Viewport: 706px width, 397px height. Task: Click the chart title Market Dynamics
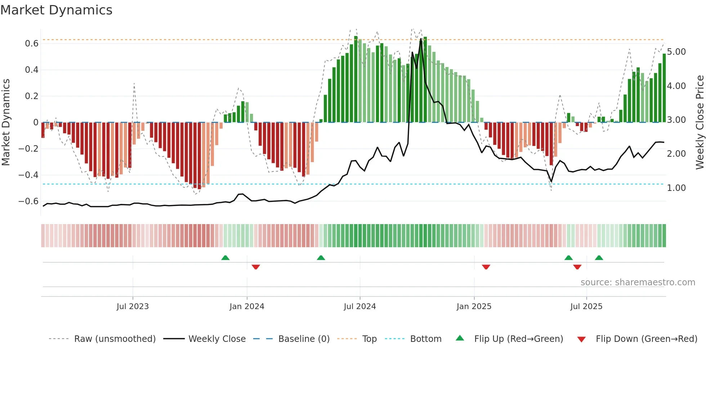[56, 10]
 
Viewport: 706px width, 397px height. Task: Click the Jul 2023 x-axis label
[133, 307]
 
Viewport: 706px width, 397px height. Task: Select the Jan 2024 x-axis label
[247, 307]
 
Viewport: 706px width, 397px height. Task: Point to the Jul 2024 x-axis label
[359, 307]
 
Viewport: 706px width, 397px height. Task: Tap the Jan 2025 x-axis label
[474, 307]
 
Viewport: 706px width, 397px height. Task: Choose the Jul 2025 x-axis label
[586, 307]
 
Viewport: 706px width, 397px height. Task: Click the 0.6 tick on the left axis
[32, 44]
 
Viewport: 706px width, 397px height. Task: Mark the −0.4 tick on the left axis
[28, 175]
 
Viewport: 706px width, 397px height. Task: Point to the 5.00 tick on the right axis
[676, 52]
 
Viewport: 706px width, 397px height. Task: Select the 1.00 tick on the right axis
[676, 188]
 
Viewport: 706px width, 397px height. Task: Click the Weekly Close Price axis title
[700, 122]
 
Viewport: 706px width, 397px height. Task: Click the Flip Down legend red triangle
[581, 339]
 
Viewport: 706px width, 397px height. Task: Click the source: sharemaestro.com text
[638, 282]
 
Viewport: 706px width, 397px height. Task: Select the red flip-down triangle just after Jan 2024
[256, 267]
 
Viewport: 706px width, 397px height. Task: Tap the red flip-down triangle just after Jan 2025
[486, 267]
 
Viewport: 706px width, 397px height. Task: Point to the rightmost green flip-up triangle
[599, 258]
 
